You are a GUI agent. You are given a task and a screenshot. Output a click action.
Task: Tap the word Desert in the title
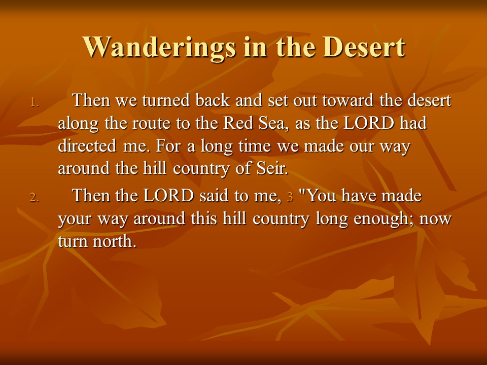point(364,47)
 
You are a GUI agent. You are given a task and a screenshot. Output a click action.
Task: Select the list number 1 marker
point(34,102)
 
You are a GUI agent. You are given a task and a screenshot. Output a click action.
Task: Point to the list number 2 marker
point(34,198)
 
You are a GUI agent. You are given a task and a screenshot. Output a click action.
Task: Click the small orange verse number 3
point(290,197)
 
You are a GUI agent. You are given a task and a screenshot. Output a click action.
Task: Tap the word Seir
point(272,168)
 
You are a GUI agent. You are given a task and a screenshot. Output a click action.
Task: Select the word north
point(115,241)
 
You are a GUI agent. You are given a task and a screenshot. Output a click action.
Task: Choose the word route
point(152,124)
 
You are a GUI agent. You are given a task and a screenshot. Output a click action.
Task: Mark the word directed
point(87,146)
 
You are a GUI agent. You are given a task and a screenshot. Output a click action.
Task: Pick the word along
point(78,124)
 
